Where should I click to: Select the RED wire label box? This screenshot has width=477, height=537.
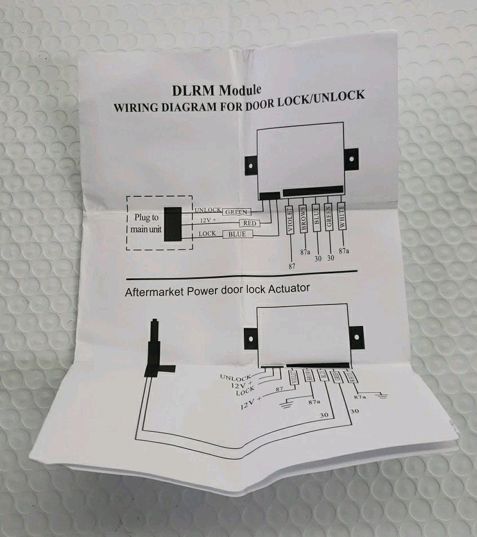coord(250,223)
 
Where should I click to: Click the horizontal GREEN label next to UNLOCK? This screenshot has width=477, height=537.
coord(237,212)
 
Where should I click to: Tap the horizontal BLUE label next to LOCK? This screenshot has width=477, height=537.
coord(237,234)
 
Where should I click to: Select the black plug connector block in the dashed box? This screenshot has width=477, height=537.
coord(172,224)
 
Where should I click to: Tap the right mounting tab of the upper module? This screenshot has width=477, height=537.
coord(353,159)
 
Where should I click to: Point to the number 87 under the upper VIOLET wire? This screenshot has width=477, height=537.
coord(291,264)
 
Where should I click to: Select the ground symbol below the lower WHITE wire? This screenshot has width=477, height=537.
coord(383,397)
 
